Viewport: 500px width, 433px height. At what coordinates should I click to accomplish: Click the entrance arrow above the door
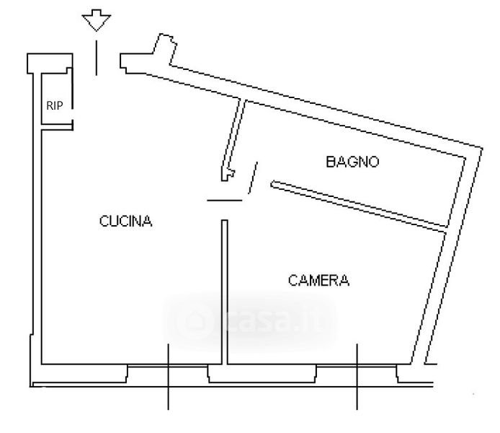tap(97, 20)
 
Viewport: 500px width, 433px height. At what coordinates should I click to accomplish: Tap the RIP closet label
tap(55, 105)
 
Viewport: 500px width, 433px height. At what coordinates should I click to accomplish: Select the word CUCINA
tap(126, 222)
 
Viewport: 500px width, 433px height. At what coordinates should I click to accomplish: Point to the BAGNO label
tap(352, 162)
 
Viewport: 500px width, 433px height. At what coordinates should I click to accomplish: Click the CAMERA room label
tap(318, 281)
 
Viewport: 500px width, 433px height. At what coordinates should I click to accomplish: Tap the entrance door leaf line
tap(97, 57)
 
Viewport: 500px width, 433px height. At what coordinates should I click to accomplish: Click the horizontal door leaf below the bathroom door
tap(225, 200)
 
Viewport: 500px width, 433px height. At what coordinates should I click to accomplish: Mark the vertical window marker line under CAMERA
tap(357, 376)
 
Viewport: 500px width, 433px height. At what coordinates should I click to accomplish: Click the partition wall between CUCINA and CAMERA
tap(225, 289)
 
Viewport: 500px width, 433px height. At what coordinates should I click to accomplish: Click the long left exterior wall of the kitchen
tap(35, 231)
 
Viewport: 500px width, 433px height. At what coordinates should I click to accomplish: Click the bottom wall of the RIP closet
tap(56, 128)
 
